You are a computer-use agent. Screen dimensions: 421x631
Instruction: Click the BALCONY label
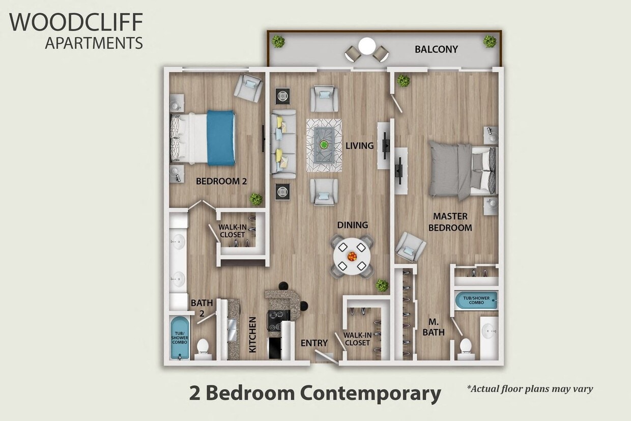436,49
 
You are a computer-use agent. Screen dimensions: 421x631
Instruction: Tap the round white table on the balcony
366,46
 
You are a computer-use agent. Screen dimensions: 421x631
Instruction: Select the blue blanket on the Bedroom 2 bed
221,138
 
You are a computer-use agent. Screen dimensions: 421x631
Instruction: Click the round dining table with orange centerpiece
352,257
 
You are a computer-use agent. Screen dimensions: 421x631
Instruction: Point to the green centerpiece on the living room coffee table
324,145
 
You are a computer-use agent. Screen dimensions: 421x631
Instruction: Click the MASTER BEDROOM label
450,222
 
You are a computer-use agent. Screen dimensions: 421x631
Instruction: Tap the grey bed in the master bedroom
458,170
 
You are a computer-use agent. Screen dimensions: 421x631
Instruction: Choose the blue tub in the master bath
476,300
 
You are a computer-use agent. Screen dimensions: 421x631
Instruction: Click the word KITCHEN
252,334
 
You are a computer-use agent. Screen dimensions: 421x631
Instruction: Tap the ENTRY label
314,343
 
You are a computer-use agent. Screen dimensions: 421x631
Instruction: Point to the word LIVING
359,146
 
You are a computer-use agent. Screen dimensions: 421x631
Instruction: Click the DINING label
352,225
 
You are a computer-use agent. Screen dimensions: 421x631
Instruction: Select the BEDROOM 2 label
221,181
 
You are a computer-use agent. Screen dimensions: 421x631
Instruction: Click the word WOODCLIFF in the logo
76,22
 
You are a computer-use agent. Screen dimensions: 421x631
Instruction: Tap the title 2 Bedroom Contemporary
315,394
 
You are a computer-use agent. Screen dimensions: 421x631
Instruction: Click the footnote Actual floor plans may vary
530,389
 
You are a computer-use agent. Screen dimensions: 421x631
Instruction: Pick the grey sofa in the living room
283,144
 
